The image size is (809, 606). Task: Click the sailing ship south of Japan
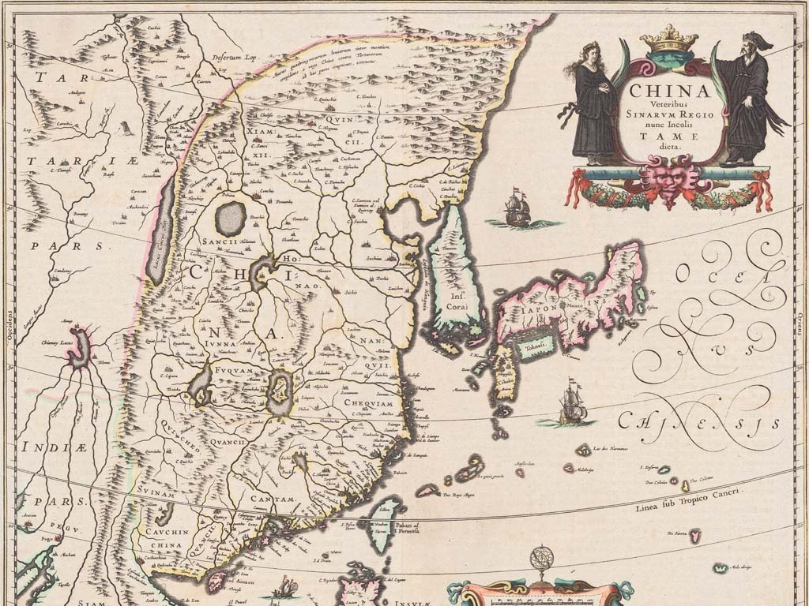572,404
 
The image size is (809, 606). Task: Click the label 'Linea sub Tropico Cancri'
688,499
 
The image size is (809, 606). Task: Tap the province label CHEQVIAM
369,402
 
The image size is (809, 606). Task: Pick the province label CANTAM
272,499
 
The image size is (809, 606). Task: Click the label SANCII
219,242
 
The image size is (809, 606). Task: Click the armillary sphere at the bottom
542,562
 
